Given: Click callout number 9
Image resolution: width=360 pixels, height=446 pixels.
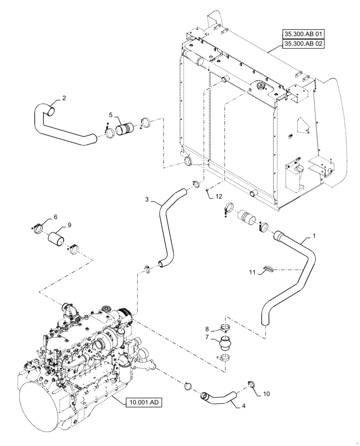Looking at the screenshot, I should click(69, 225).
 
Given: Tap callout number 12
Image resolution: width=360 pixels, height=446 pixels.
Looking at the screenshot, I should click(218, 196).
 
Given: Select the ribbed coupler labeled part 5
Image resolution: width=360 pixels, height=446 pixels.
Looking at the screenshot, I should click(124, 130).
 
